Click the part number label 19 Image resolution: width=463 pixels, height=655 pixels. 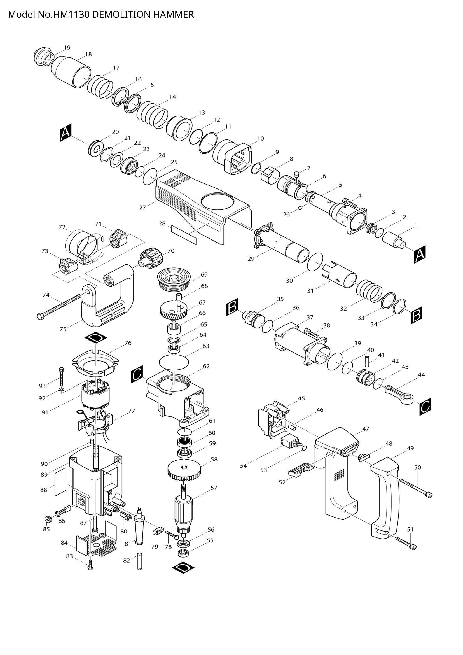click(67, 47)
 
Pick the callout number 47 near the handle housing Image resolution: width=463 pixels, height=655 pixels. click(366, 428)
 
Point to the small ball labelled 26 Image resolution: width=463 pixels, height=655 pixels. click(300, 208)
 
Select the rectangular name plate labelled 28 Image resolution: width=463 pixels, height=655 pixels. click(184, 234)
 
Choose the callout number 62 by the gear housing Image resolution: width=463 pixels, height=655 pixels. click(206, 366)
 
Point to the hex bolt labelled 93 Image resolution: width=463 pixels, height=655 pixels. click(62, 377)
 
